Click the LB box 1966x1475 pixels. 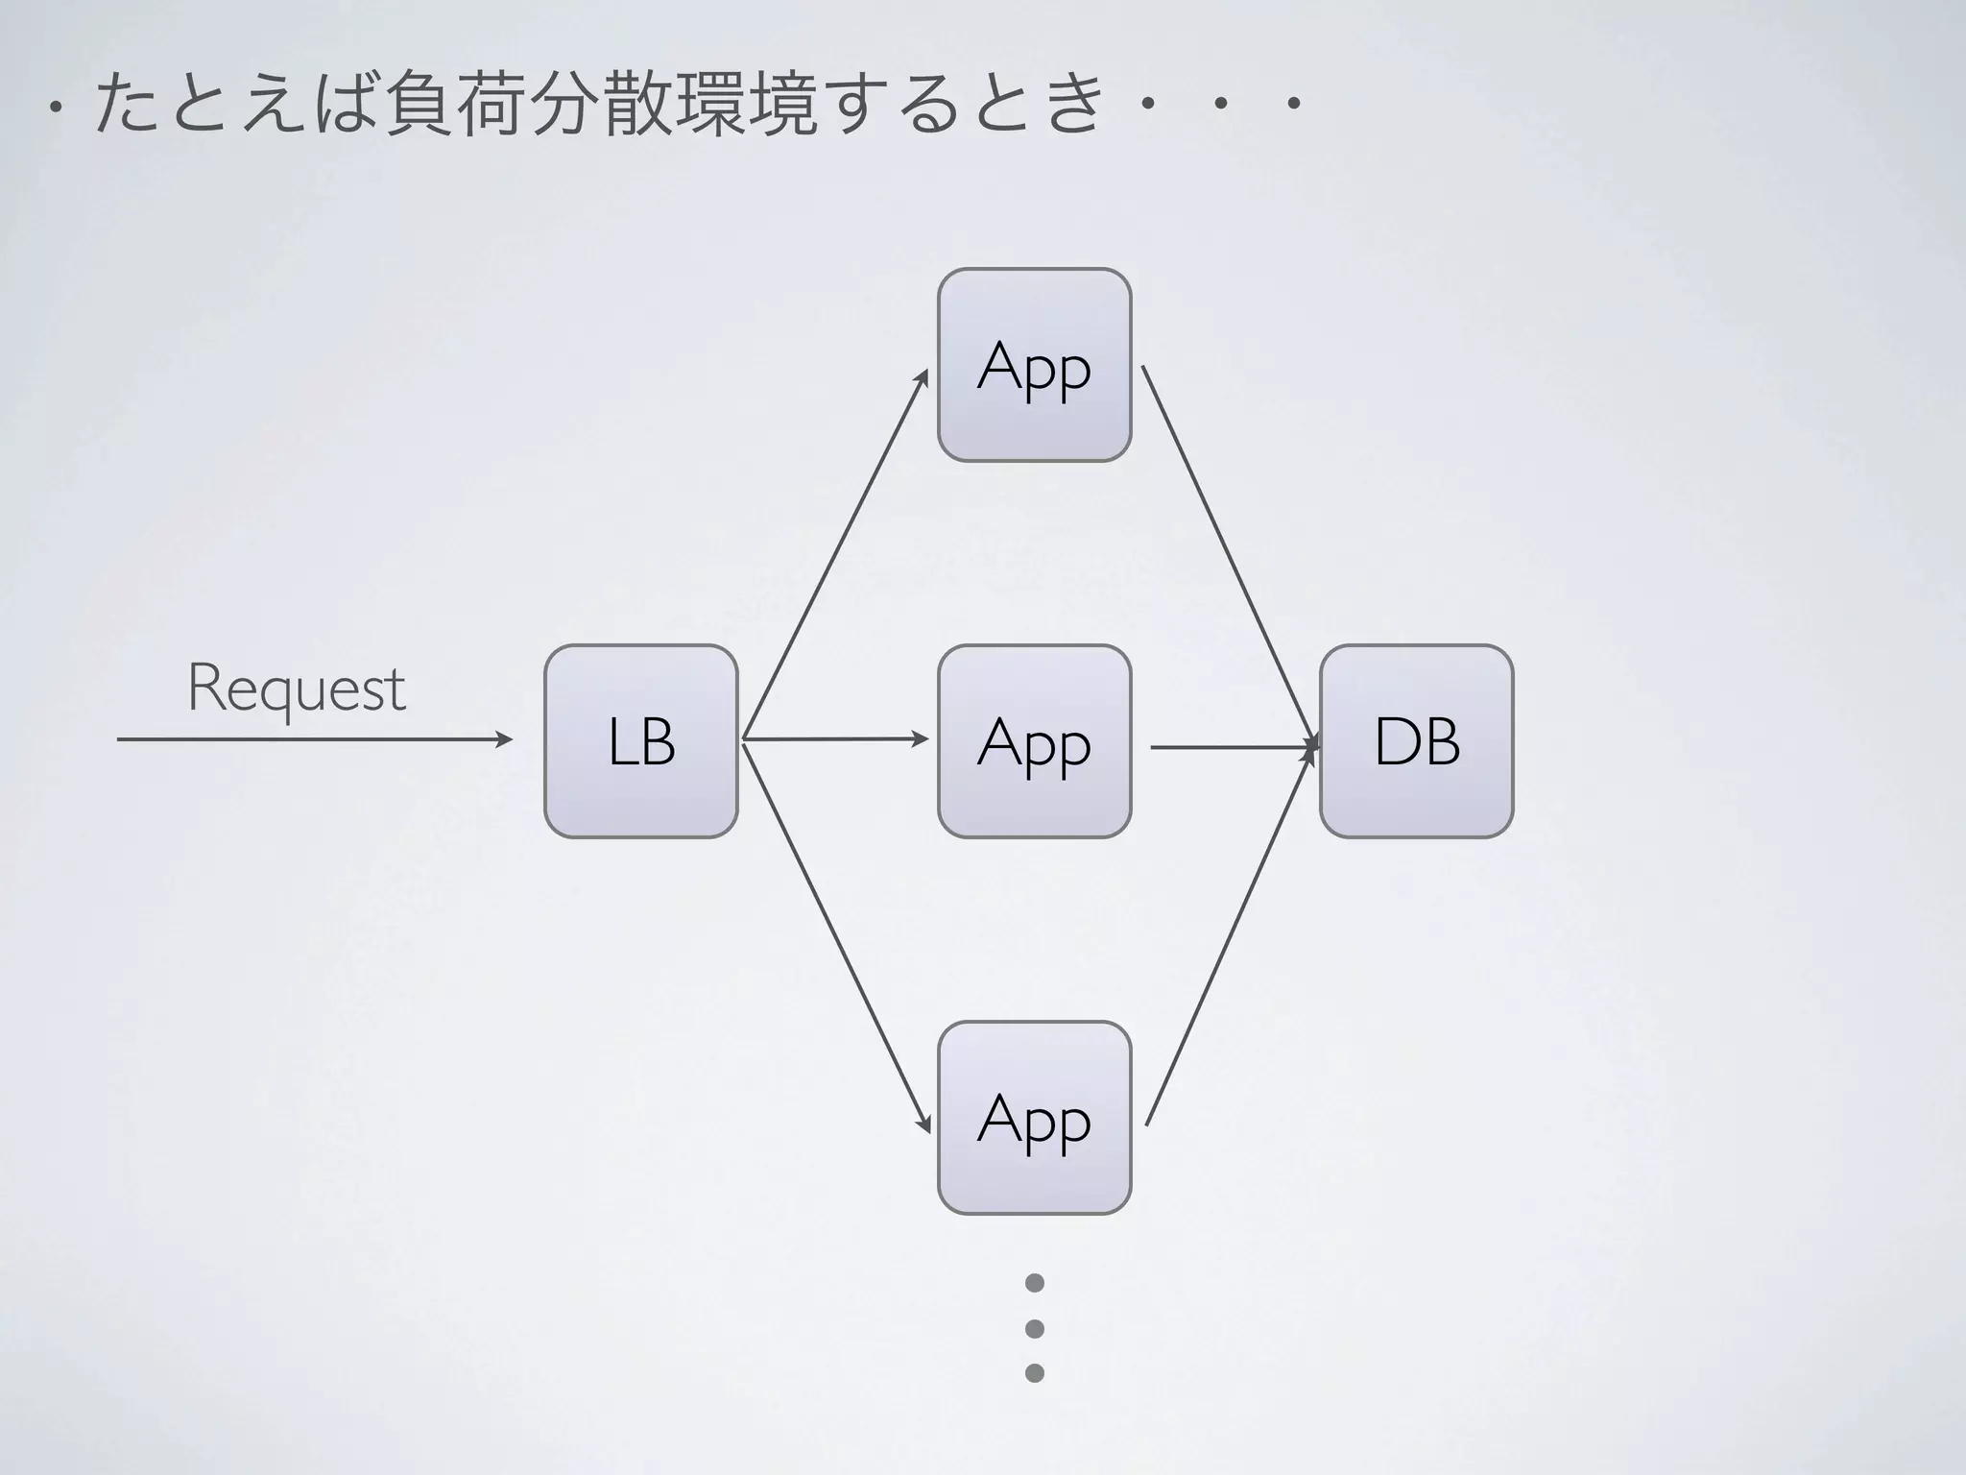click(x=640, y=741)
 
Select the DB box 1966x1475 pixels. click(x=1416, y=741)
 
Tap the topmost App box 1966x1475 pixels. click(x=1034, y=365)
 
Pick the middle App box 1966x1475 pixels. click(x=1034, y=741)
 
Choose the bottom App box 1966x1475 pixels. click(x=1034, y=1118)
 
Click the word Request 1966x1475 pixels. click(x=296, y=689)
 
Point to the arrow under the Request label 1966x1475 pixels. click(x=315, y=739)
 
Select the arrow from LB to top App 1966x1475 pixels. click(x=835, y=554)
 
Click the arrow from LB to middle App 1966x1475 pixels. click(x=835, y=739)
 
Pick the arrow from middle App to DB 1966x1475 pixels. click(x=1234, y=746)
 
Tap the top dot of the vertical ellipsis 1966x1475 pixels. click(x=1034, y=1283)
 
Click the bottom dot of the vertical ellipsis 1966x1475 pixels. click(x=1034, y=1372)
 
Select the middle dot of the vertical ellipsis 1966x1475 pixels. click(x=1034, y=1328)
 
